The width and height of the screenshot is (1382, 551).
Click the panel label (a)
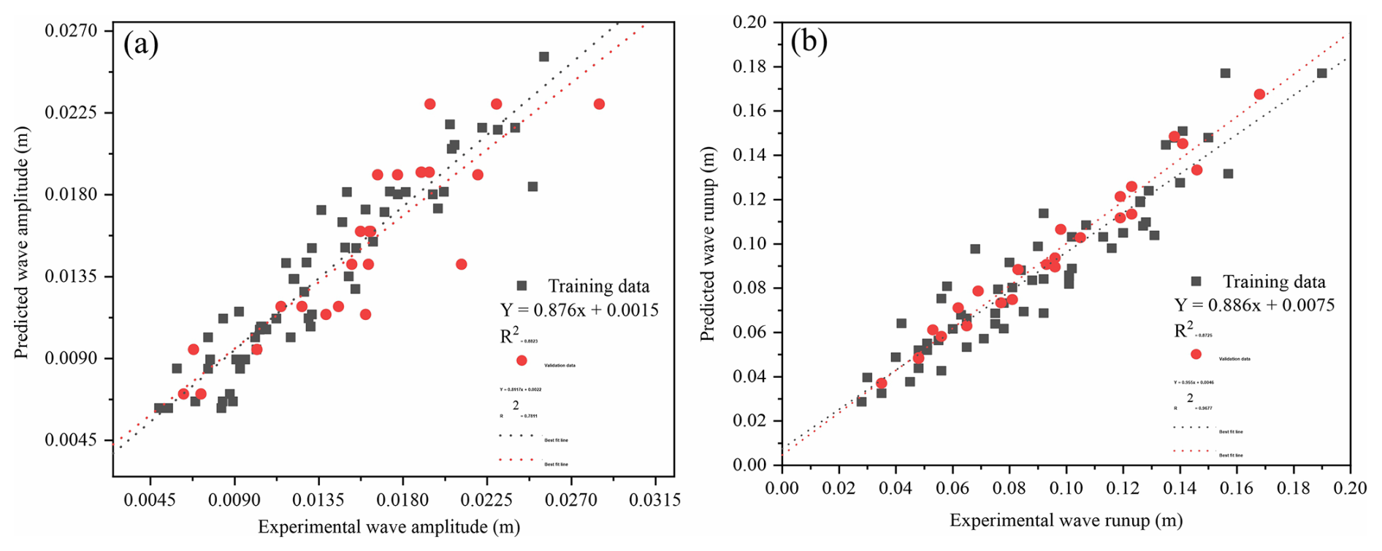pos(141,45)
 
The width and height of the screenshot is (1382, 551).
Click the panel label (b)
pos(809,42)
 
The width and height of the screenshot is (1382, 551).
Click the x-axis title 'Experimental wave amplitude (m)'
pos(389,527)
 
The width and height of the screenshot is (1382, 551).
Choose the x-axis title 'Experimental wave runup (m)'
pos(1066,520)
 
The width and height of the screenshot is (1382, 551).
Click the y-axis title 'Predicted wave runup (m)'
pos(706,244)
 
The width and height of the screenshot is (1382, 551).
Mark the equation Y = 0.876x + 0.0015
pos(579,310)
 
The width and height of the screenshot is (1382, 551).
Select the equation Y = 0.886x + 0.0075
pos(1254,305)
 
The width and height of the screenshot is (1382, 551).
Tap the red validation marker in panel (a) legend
pos(522,360)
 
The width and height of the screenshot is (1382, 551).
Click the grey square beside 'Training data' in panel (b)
pos(1196,281)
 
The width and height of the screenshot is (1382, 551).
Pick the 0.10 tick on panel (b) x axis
pos(1066,487)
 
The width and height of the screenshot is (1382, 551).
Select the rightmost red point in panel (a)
pos(599,104)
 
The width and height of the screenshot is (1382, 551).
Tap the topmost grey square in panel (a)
pos(543,56)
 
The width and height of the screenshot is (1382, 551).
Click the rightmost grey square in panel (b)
pos(1321,73)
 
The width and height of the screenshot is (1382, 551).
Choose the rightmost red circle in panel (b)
pos(1259,94)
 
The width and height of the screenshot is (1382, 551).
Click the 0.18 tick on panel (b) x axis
pos(1293,487)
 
